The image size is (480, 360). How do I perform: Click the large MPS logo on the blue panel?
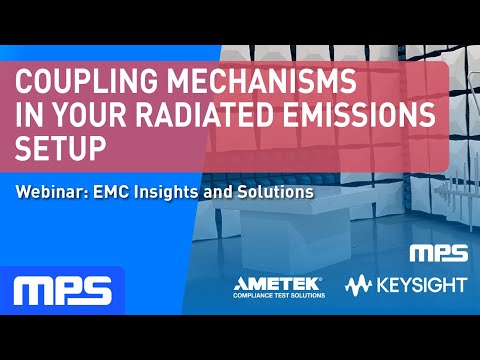(62, 291)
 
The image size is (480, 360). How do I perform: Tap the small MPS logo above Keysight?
(436, 252)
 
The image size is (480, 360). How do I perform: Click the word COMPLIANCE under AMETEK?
(254, 296)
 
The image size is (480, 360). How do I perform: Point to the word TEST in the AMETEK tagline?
(284, 296)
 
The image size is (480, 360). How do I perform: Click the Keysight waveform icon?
(360, 286)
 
